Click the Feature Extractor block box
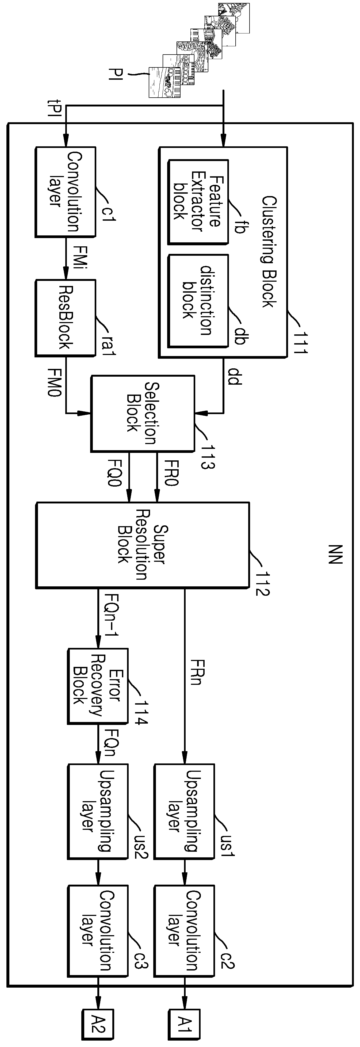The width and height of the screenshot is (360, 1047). point(198,202)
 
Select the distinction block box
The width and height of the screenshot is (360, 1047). point(198,301)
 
